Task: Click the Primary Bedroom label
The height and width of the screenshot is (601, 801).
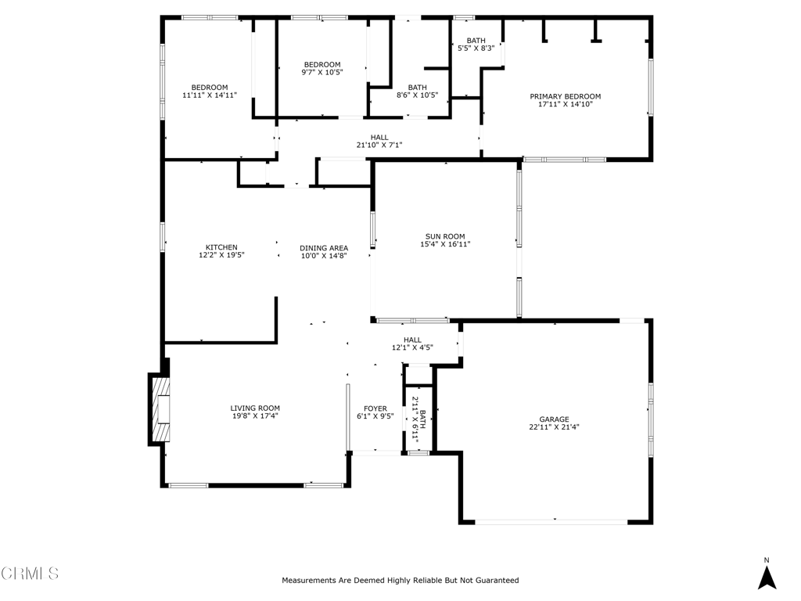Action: point(565,96)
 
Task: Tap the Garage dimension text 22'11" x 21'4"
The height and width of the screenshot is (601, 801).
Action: point(554,427)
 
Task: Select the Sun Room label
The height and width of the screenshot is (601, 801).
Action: point(445,236)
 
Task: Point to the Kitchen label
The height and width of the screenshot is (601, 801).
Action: point(221,247)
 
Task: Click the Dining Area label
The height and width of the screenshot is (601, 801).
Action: point(323,248)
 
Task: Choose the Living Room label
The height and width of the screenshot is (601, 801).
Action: point(255,408)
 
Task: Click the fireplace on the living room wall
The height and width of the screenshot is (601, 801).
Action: point(160,410)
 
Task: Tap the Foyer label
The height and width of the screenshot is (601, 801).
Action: point(375,408)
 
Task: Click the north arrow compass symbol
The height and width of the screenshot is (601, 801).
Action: point(767,578)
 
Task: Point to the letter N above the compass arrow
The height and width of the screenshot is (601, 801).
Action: point(767,560)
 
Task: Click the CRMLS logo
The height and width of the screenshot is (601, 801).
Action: point(30,574)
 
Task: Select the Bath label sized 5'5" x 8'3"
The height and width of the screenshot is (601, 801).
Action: point(476,41)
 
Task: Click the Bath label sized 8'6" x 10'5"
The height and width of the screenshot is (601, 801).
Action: point(417,88)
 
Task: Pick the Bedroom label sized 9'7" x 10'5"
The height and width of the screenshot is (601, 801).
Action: point(322,64)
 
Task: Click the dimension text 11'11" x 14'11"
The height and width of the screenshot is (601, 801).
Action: point(210,95)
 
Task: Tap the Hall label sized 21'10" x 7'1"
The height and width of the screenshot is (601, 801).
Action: point(379,138)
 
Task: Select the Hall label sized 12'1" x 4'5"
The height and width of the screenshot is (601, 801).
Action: point(412,340)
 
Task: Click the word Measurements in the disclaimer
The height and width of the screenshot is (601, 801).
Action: point(310,581)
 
